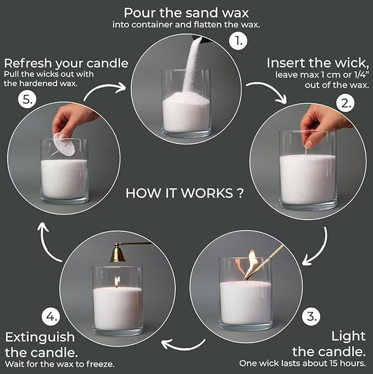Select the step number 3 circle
tap(311, 316)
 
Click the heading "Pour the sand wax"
tap(186, 12)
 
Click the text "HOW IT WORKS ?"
tap(185, 193)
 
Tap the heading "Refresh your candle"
tap(66, 63)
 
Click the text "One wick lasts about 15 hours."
tap(302, 363)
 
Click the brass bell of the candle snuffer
tap(117, 254)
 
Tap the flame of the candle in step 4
tap(117, 281)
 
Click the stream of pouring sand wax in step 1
tap(193, 60)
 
